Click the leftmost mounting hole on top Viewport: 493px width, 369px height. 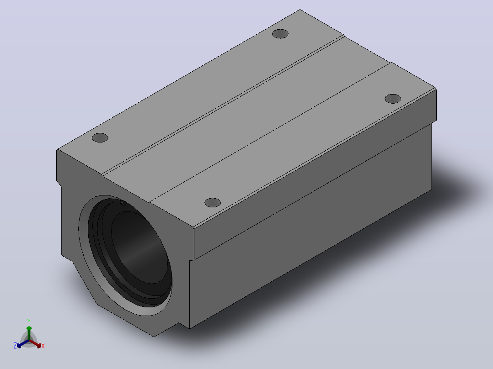tap(100, 137)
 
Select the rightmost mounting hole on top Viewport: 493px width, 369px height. tap(393, 99)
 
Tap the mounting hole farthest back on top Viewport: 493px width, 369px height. tap(280, 34)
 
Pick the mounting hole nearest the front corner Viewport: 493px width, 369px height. tap(213, 203)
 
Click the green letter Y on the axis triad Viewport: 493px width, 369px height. tap(29, 321)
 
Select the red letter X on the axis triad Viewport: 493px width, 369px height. tap(43, 346)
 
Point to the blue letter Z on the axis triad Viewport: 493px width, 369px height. tap(15, 346)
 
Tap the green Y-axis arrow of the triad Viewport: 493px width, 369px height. tap(29, 333)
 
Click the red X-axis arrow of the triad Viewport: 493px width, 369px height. tap(35, 343)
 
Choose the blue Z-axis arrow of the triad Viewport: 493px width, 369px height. tap(23, 343)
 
